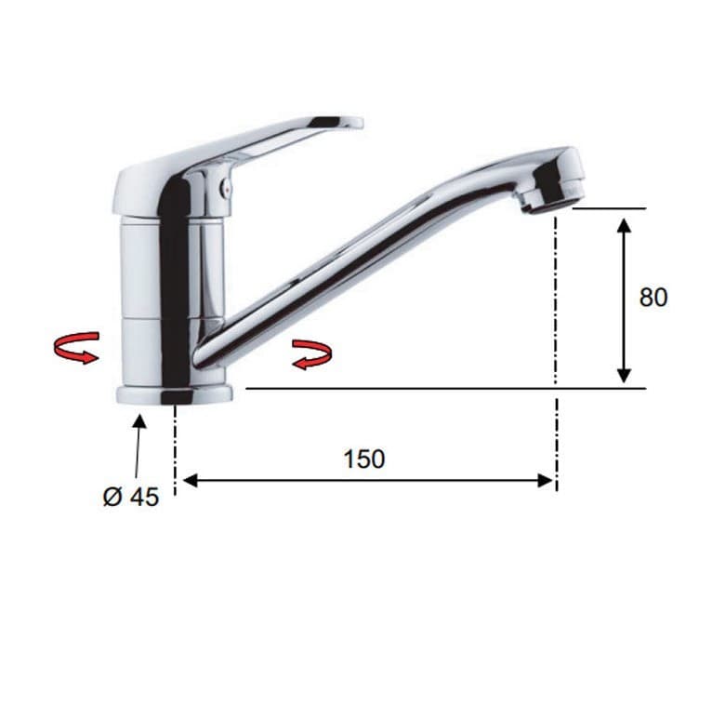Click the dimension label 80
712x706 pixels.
point(653,298)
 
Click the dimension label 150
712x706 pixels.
point(364,459)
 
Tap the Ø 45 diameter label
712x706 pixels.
point(131,497)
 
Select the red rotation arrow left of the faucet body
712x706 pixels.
point(76,348)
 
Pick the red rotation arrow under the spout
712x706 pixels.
point(312,354)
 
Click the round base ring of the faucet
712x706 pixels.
point(175,394)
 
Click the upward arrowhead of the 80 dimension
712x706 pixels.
point(625,225)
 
